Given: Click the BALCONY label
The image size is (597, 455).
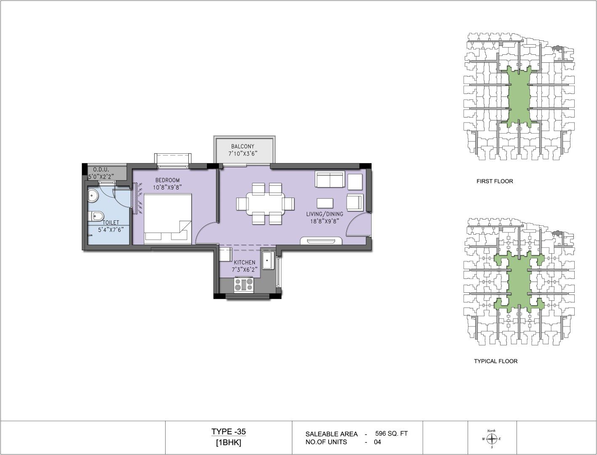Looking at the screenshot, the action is pos(243,146).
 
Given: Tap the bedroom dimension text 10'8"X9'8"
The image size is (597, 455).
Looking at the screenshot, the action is pos(167,187).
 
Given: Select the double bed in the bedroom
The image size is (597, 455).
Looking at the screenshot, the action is pos(168,219).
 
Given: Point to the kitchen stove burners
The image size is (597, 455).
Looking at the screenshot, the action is pos(244,285).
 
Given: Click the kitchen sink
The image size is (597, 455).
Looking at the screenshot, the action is pos(268,260).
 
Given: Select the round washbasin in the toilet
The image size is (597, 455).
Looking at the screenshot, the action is pos(93,195).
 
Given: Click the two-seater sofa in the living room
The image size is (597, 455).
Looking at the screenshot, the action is pos(329,179).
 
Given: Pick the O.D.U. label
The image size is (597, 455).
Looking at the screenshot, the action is pos(101,169).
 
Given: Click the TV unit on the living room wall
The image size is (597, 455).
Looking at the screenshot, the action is pos(321,241).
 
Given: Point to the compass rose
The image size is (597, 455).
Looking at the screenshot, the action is pos(491,439).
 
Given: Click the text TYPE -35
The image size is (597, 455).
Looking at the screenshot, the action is pos(228,431).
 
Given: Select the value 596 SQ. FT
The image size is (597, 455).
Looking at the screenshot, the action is pos(391,434).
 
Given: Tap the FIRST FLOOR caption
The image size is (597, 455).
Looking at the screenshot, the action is pos(495,181).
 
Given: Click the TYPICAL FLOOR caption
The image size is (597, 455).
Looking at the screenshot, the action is pos(496,361).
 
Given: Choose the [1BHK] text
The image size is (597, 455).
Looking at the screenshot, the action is pos(228,443).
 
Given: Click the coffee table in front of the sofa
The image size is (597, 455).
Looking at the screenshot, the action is pos(325,203).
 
